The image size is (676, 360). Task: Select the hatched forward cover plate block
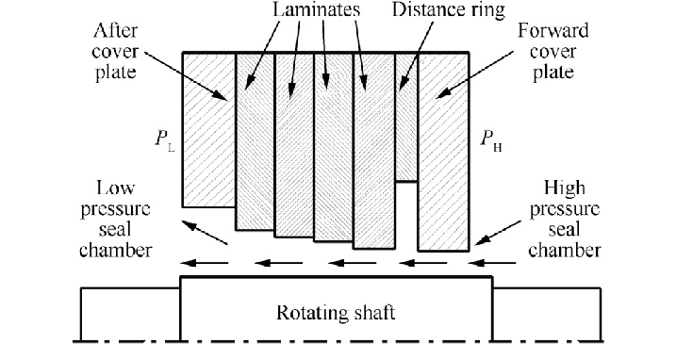coord(442,151)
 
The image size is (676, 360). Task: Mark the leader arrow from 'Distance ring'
coord(412,67)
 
